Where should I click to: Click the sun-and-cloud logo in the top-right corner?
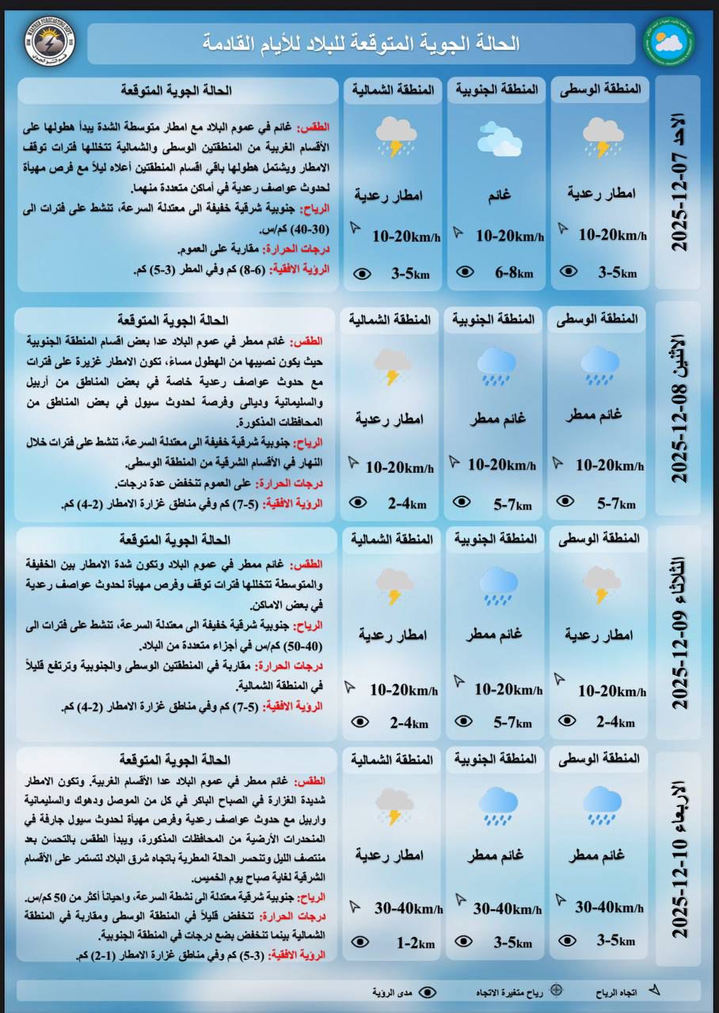(x=669, y=44)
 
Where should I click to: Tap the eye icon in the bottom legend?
(x=428, y=992)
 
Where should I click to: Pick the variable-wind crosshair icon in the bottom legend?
(x=557, y=990)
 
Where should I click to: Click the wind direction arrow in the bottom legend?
(x=654, y=990)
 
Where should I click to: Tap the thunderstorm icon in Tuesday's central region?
(x=602, y=585)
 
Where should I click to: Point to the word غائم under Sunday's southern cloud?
(x=499, y=192)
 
